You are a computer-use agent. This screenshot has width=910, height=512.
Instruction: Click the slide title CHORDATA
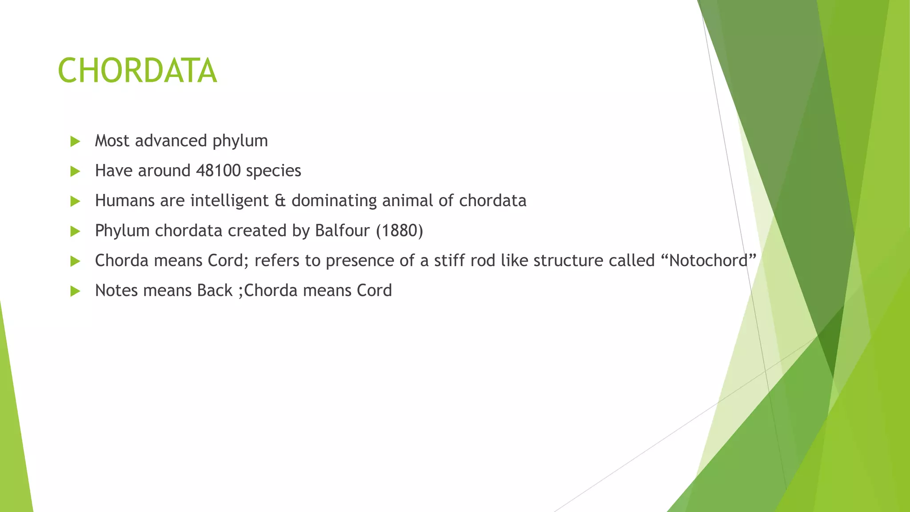tap(137, 71)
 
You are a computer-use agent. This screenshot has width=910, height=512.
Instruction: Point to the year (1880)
tap(399, 231)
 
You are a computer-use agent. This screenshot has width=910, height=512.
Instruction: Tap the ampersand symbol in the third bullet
tap(280, 201)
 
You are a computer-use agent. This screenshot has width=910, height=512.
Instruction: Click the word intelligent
tap(229, 201)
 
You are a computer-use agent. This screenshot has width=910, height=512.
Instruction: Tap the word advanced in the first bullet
tap(171, 141)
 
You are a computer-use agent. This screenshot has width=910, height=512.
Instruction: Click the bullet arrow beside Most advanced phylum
tap(75, 142)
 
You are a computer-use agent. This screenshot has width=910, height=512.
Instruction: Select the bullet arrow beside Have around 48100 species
tap(75, 172)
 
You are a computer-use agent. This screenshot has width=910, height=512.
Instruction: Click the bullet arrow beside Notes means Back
tap(75, 292)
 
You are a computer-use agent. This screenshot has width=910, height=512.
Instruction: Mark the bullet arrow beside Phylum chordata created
tap(75, 232)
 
